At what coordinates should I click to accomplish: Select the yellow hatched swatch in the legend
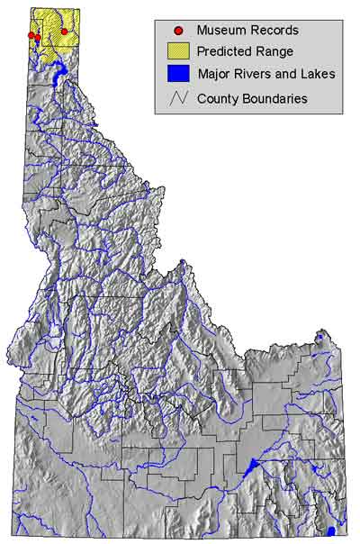[179, 52]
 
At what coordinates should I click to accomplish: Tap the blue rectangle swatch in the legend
[179, 75]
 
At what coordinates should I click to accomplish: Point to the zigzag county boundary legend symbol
[179, 97]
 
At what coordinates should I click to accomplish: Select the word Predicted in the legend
[225, 52]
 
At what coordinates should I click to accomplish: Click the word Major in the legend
[213, 75]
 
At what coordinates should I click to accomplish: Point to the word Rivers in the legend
[253, 75]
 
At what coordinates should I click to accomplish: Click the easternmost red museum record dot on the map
[64, 32]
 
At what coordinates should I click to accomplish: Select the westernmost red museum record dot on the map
[31, 35]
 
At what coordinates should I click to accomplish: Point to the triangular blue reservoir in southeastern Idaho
[251, 467]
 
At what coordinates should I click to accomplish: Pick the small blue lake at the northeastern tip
[319, 338]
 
